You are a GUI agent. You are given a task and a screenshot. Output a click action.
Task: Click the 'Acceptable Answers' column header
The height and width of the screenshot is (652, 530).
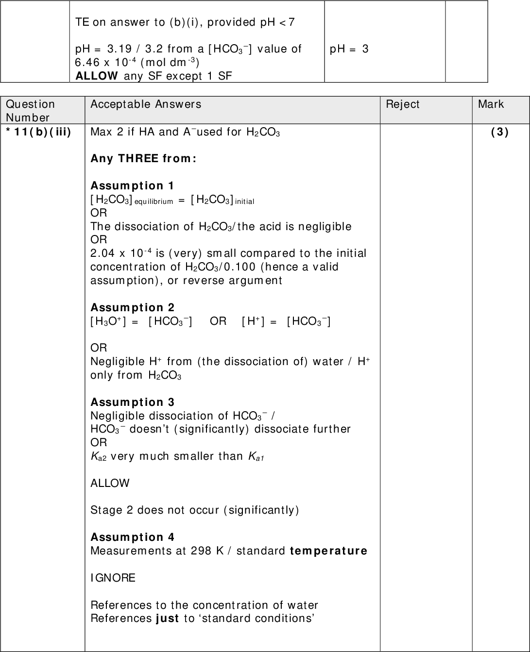(146, 104)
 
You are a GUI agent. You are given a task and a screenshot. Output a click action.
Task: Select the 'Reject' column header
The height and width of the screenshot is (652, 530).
(402, 104)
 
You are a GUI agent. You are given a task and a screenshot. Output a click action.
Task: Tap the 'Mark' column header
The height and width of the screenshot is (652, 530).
(491, 104)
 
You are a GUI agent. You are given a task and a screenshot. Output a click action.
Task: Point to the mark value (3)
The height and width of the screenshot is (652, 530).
(500, 132)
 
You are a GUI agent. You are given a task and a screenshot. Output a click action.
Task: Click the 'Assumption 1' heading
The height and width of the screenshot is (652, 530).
(132, 186)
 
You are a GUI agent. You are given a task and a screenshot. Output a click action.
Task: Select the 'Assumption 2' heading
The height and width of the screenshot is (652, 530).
(132, 308)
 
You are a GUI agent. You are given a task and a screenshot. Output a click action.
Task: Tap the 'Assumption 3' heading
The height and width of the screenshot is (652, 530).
(132, 402)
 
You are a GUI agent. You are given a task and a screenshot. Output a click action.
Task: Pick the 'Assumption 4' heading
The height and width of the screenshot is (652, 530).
(132, 537)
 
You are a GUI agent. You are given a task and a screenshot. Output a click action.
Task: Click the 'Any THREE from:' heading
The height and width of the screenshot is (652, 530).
(143, 159)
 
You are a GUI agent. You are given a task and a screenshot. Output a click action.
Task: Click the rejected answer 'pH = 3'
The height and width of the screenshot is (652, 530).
(349, 49)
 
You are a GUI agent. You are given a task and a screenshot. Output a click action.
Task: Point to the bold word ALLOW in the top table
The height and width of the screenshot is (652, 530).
(96, 76)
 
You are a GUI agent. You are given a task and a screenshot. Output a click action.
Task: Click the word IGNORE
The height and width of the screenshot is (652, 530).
(113, 578)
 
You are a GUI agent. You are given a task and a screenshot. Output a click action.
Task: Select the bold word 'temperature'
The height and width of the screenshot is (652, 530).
(328, 551)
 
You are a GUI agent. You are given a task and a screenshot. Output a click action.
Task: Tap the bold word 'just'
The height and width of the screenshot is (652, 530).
(167, 619)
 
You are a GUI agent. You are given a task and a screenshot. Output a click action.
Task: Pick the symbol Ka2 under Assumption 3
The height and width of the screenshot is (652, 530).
(98, 457)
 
